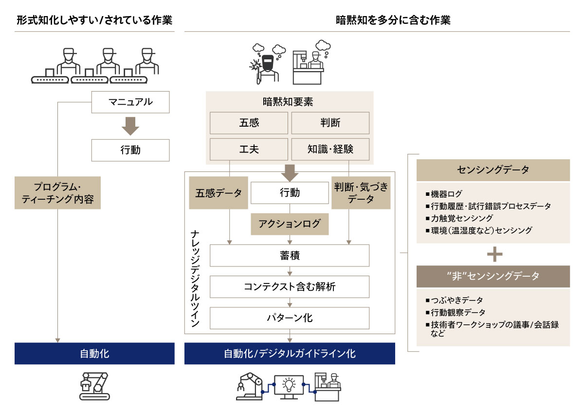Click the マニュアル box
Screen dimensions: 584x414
[x=130, y=102]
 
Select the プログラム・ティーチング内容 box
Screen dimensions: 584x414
[x=57, y=193]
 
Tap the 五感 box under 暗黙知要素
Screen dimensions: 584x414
[x=249, y=123]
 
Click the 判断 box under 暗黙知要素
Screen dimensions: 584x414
[x=330, y=123]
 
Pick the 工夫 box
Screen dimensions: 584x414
[x=249, y=149]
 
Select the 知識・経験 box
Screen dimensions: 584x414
[x=330, y=149]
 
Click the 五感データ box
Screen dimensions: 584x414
[x=219, y=193]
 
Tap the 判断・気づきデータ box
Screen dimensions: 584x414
[x=361, y=193]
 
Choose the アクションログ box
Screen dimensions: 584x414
[x=290, y=224]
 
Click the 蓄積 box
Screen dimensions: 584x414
[x=290, y=255]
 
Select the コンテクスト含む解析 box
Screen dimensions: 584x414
[x=290, y=287]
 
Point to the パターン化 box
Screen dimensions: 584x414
[x=290, y=318]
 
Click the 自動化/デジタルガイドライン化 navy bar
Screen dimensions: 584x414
[x=290, y=354]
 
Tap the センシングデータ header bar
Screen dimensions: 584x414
[x=493, y=170]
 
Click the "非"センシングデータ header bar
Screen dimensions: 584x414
[x=493, y=276]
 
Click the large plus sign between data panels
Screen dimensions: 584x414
[x=494, y=254]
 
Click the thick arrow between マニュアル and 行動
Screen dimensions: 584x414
[x=130, y=126]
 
